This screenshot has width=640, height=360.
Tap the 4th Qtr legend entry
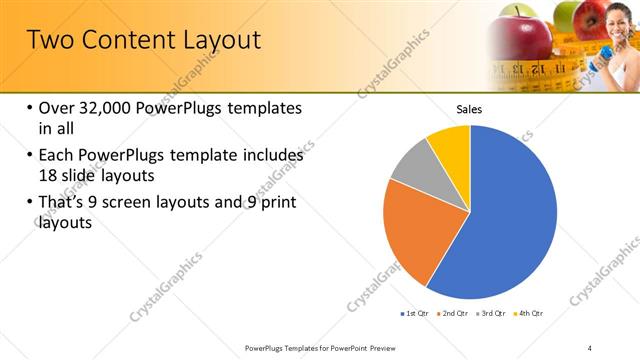coord(529,314)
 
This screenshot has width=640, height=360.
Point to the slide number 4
coord(590,347)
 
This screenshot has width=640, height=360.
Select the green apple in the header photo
coord(568,14)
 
